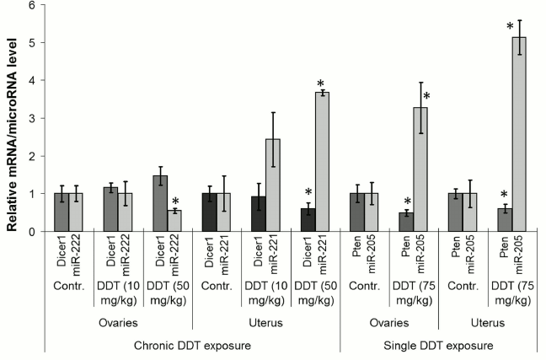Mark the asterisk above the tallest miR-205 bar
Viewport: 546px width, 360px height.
pos(510,27)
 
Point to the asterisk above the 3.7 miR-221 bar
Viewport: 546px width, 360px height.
pos(320,83)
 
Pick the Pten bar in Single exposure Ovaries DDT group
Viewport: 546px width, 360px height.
pos(406,222)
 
